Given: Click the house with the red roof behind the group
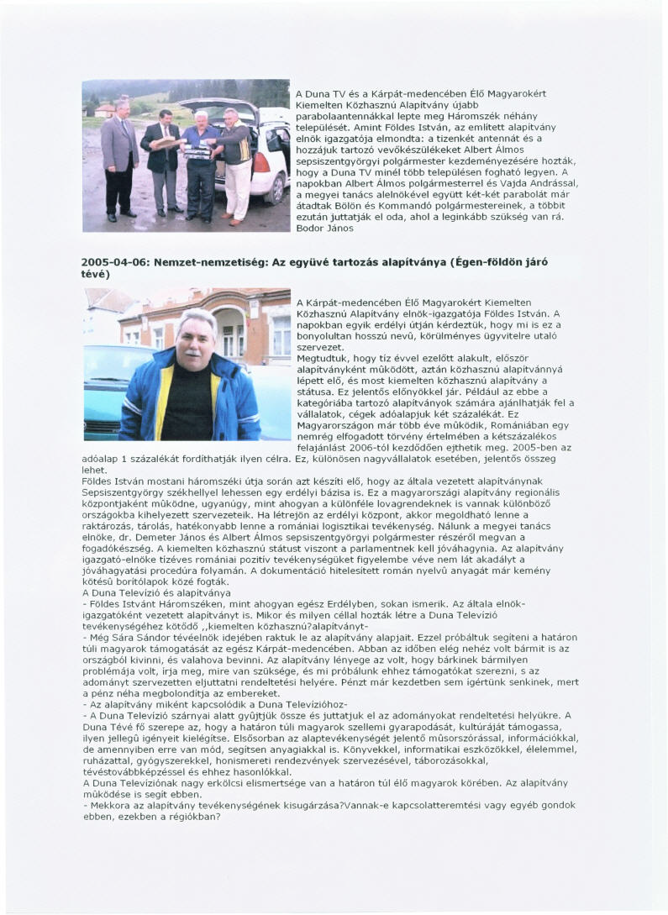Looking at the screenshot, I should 104,110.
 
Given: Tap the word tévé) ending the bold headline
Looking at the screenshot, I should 96,274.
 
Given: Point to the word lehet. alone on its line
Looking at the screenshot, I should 95,471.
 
